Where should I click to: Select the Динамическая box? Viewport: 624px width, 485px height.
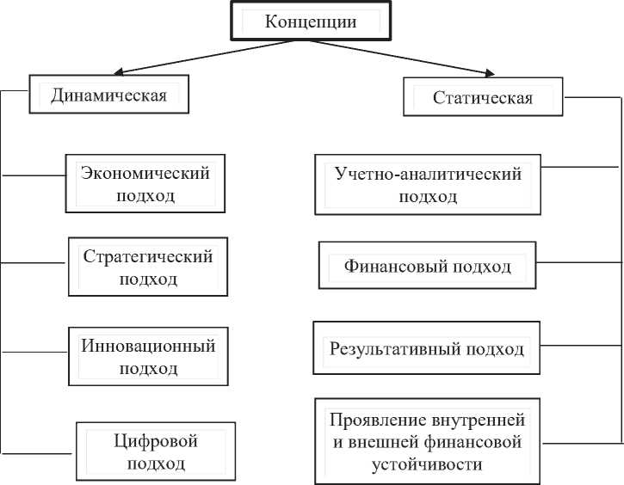tap(108, 94)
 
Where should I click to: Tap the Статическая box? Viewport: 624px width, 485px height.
tap(483, 98)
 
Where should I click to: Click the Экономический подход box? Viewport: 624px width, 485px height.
tap(145, 184)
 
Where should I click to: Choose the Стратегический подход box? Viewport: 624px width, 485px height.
tap(147, 267)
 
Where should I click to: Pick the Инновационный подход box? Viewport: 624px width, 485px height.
tap(148, 357)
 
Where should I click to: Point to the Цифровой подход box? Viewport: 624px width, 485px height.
tap(156, 452)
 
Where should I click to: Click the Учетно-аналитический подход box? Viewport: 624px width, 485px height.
tap(428, 185)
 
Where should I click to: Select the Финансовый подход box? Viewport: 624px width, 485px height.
tap(428, 267)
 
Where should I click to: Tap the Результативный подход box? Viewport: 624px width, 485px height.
tap(427, 349)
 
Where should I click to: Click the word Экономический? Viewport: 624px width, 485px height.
tap(145, 173)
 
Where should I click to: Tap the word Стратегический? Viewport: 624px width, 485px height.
tap(148, 256)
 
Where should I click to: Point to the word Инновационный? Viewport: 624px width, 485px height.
tap(148, 346)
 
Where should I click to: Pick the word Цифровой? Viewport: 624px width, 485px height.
tap(156, 441)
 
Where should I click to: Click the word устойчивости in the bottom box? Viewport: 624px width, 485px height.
tap(427, 464)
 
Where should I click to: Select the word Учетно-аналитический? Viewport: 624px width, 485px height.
tap(428, 174)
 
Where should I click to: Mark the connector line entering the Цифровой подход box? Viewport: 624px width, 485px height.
tap(39, 452)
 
